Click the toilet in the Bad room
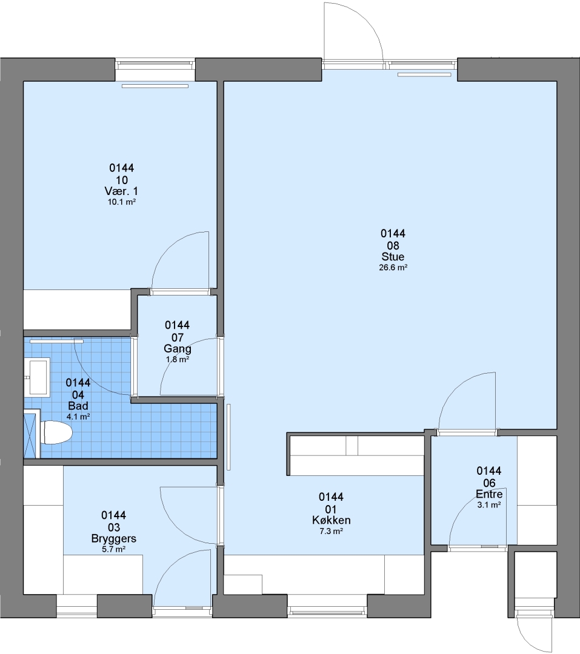tap(56, 432)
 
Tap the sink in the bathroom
tap(37, 377)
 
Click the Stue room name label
tap(393, 257)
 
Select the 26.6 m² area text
tap(393, 268)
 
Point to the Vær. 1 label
tap(121, 191)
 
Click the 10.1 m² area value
tap(121, 202)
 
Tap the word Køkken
tap(331, 520)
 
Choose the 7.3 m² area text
tap(331, 532)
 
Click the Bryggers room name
tap(113, 538)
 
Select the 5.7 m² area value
tap(113, 550)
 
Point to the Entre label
tap(489, 494)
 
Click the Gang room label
tap(178, 349)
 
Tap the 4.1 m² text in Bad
tap(78, 417)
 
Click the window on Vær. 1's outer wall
tap(155, 65)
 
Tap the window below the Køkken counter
tap(327, 612)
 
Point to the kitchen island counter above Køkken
tap(356, 454)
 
